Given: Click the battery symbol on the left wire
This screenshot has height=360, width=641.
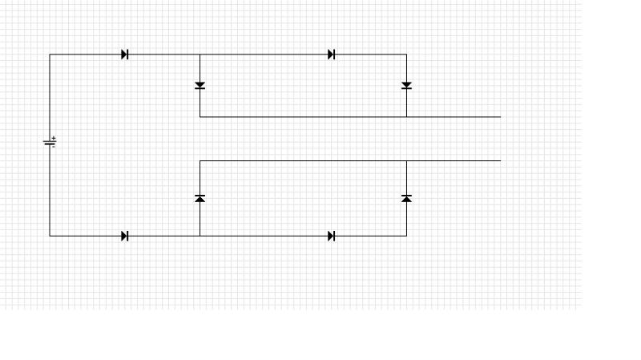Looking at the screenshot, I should click(x=50, y=144).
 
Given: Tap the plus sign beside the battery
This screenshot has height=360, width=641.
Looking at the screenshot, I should click(x=54, y=139).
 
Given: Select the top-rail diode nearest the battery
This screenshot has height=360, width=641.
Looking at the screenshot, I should click(x=125, y=55).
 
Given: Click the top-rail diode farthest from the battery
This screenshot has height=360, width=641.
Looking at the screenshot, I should click(x=332, y=55).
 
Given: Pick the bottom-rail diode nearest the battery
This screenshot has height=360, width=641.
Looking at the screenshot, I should click(x=125, y=236).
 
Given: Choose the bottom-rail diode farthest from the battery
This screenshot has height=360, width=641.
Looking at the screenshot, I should click(x=332, y=236).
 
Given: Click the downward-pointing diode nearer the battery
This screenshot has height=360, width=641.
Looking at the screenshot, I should click(x=200, y=85).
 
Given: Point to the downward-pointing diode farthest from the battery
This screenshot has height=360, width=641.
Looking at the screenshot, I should click(x=406, y=85).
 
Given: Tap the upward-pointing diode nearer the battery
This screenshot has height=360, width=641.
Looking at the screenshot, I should click(x=200, y=198).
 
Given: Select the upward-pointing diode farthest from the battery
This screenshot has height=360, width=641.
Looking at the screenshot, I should click(x=406, y=198).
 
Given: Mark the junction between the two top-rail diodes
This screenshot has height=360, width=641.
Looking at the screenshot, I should click(x=200, y=55).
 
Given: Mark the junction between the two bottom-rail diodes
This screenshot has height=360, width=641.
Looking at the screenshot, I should click(x=200, y=236).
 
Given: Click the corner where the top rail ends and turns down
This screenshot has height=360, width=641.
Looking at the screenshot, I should click(x=406, y=55).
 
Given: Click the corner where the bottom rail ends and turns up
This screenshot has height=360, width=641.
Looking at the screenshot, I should click(x=406, y=236).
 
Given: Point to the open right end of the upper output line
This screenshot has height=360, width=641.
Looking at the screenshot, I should click(x=500, y=117).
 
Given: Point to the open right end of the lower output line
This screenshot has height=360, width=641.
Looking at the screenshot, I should click(x=500, y=161).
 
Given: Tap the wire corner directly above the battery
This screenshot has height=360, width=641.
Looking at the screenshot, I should click(x=50, y=55).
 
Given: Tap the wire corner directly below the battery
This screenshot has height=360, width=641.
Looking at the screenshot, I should click(x=50, y=236).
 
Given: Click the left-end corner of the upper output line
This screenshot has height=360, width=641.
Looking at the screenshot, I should click(x=200, y=117).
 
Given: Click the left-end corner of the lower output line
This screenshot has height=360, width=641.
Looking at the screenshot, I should click(x=200, y=161).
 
